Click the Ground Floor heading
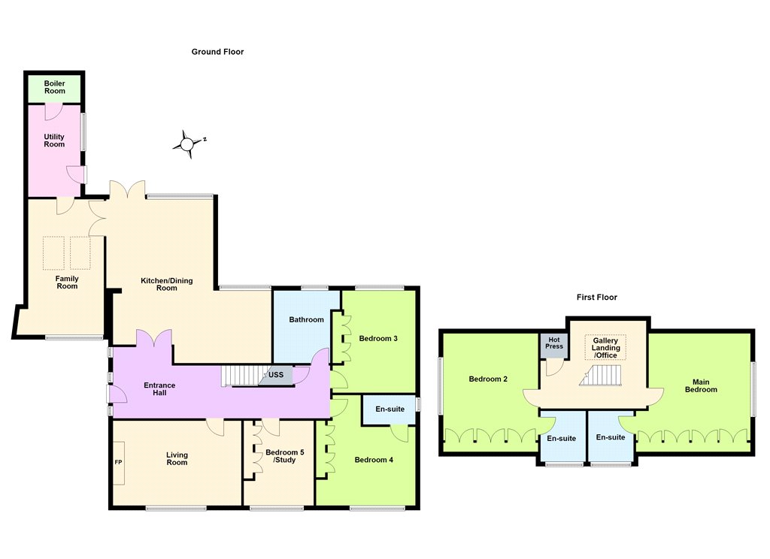tap(217, 52)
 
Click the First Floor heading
tap(596, 297)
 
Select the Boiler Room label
tap(54, 87)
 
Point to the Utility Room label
tap(54, 141)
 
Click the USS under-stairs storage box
tap(275, 376)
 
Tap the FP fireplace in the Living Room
tap(118, 462)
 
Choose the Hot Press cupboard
tap(554, 346)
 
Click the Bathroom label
tap(307, 319)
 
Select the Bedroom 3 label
tap(378, 338)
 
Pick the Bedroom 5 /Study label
tap(285, 456)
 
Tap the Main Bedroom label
tap(701, 385)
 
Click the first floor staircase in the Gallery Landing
tap(600, 376)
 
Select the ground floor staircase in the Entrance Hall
tap(240, 376)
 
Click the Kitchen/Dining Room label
tap(166, 284)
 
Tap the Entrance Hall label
tap(159, 388)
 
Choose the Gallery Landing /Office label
tap(605, 347)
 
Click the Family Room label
tap(67, 283)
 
